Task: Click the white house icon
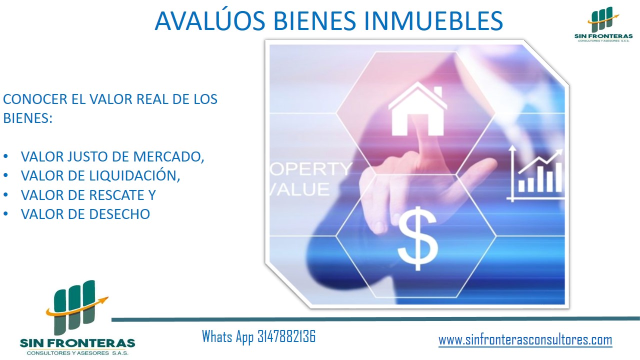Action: pos(417,108)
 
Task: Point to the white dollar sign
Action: pos(417,238)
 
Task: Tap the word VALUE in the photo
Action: pos(299,189)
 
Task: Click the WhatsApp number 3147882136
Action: pos(286,336)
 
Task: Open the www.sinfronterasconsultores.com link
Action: pos(525,340)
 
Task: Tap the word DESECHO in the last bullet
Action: pos(119,214)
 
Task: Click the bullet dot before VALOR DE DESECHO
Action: pos(5,214)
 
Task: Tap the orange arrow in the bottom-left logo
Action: pos(77,307)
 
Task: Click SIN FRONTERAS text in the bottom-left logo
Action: pos(77,343)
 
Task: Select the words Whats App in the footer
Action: pos(227,336)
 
